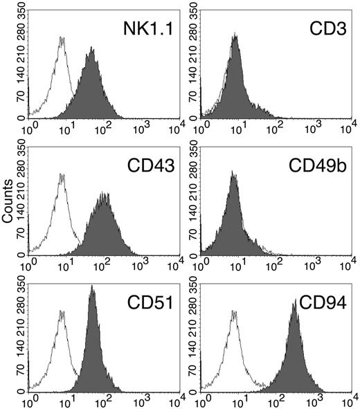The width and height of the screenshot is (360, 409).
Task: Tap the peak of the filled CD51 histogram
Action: (x=92, y=287)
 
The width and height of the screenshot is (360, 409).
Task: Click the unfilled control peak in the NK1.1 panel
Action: (x=62, y=38)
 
